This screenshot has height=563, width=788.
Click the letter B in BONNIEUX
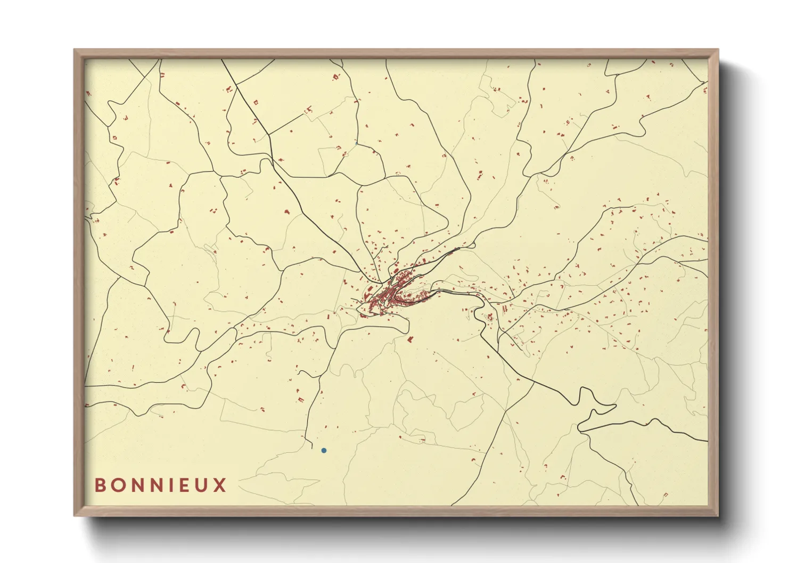pos(100,485)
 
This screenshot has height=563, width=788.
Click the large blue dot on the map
pos(324,451)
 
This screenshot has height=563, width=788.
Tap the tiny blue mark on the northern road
pos(356,143)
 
